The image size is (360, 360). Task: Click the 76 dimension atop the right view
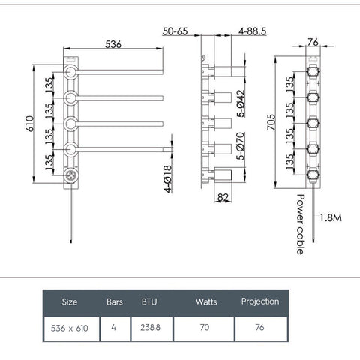point(313,43)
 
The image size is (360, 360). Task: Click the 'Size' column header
point(70,302)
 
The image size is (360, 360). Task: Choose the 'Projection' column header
point(260,301)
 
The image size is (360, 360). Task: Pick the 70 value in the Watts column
point(205,328)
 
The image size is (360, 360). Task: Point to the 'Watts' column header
point(205,302)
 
